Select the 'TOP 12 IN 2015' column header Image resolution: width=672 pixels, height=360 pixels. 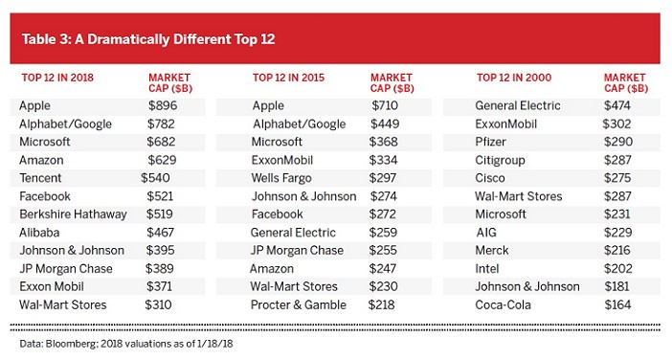point(288,78)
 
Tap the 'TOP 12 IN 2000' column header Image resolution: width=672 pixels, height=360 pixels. point(514,78)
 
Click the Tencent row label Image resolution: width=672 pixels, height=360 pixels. point(40,178)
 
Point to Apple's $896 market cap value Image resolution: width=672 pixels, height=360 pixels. point(163,105)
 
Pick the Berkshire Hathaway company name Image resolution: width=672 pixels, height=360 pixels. point(74,214)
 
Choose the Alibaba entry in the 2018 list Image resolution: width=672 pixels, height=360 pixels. point(39,233)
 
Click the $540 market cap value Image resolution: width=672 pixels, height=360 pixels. point(155,178)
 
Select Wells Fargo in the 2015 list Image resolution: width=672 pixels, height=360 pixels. point(281,178)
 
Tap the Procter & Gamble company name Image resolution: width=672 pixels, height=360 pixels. point(299,304)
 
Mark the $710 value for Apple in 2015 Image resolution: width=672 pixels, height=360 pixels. point(385,105)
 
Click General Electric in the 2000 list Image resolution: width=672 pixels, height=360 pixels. point(518,105)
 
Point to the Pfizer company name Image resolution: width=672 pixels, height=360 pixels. point(491,142)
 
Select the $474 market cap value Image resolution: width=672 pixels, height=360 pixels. point(617,105)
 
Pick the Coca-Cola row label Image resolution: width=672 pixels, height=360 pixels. point(504,304)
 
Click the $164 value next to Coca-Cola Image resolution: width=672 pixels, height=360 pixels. point(617,304)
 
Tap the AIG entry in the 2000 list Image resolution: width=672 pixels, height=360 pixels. point(486,233)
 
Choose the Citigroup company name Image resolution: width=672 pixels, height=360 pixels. point(500,160)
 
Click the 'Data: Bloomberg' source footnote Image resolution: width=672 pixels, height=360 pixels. point(126,344)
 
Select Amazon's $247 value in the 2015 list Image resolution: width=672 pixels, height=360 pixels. point(383,269)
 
